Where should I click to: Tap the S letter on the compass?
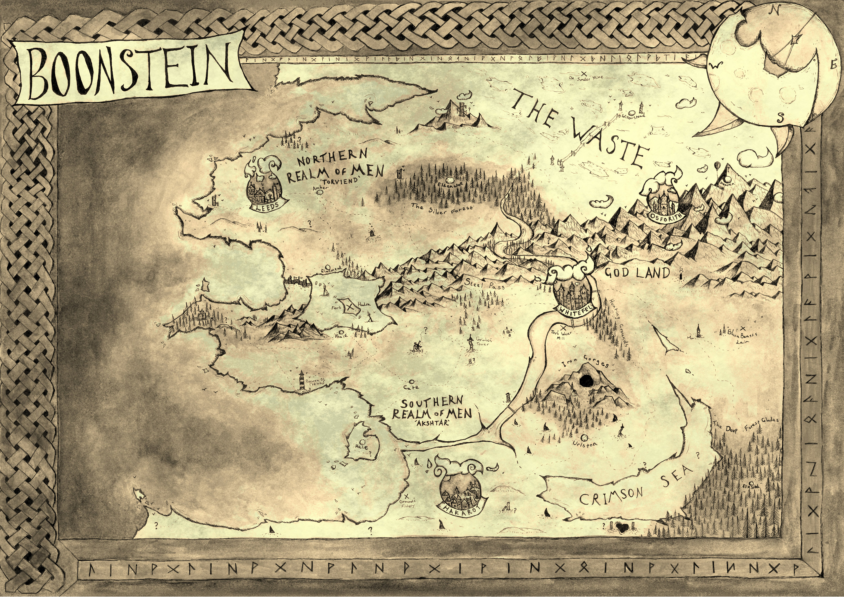pyautogui.click(x=781, y=118)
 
